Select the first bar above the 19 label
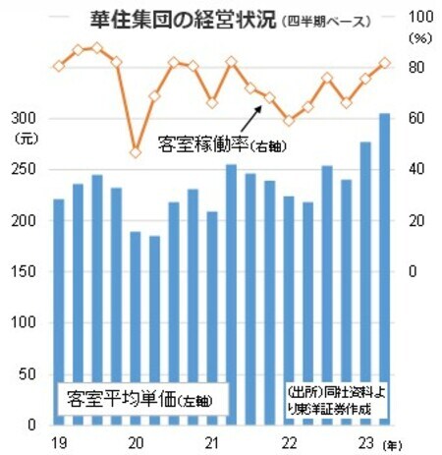click(x=58, y=310)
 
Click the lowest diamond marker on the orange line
click(x=136, y=152)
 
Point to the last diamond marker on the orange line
click(x=384, y=63)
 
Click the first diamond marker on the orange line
click(x=58, y=66)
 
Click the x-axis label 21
click(x=212, y=441)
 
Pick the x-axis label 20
click(x=136, y=441)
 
